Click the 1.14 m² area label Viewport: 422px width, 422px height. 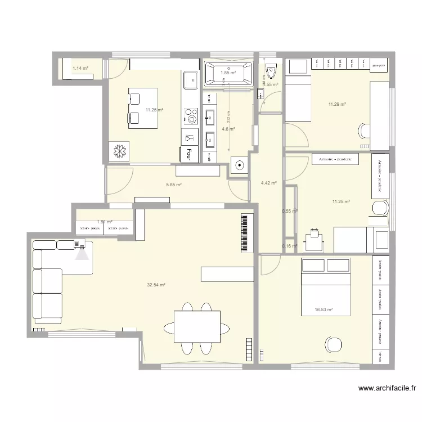80,69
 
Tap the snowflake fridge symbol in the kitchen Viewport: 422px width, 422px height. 119,151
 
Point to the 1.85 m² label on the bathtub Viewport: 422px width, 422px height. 228,73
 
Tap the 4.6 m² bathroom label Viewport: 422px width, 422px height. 228,129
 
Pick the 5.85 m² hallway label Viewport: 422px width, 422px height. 173,185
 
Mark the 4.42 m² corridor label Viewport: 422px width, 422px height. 269,182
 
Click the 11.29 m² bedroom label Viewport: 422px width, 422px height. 337,104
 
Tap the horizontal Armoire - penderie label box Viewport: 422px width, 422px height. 335,159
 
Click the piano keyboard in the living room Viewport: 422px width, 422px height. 245,232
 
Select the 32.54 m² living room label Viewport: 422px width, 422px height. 156,285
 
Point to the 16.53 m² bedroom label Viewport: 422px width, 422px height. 325,309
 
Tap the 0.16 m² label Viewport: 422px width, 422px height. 289,246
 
